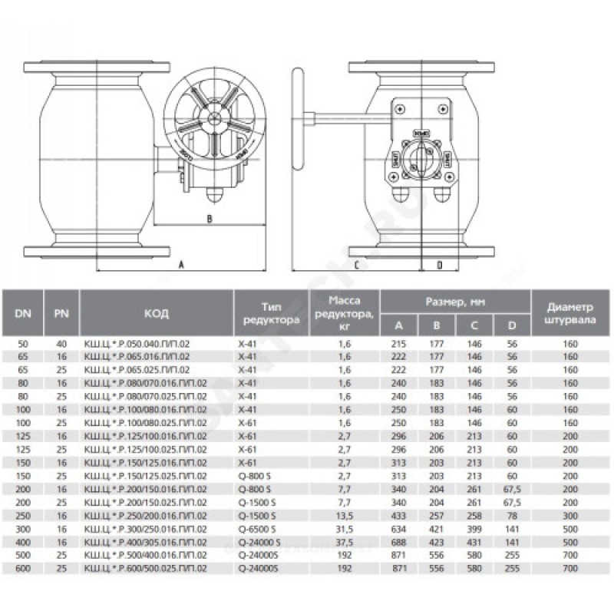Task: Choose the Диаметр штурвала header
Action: coord(569,313)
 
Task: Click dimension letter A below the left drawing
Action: coord(182,264)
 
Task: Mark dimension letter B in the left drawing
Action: coord(209,218)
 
